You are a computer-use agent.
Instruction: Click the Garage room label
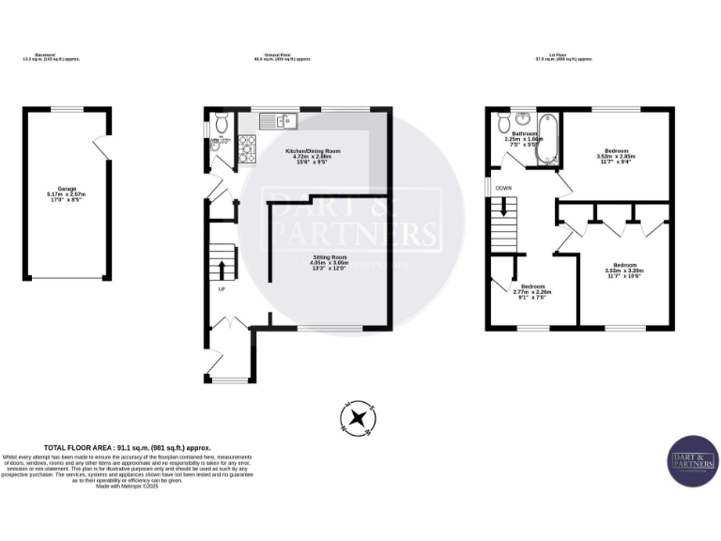[67, 194]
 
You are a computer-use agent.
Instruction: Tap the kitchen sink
[279, 119]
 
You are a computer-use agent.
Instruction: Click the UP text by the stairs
[222, 288]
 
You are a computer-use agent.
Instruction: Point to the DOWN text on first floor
[504, 188]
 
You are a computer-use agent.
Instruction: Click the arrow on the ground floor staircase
[222, 270]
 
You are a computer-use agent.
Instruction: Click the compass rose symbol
[359, 418]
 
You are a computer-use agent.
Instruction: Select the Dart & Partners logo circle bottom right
[693, 461]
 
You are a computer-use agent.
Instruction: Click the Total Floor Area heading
[128, 448]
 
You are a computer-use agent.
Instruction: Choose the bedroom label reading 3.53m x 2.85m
[616, 155]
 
